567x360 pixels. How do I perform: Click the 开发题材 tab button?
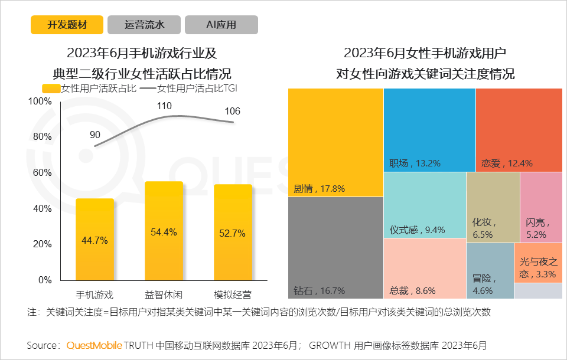(x=67, y=25)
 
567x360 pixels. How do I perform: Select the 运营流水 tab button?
(x=144, y=25)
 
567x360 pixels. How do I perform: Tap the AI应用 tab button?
(x=221, y=25)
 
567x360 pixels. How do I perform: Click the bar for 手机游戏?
(x=95, y=240)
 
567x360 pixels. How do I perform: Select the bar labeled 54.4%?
(x=164, y=231)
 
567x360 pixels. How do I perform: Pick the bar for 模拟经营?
(x=233, y=233)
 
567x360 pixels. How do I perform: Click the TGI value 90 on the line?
(x=95, y=135)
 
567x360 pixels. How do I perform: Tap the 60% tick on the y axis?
(x=41, y=173)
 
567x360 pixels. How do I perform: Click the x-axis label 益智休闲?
(x=164, y=294)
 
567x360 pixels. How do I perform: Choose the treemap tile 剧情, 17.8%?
(x=335, y=142)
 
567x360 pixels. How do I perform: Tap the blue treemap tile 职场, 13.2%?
(x=429, y=130)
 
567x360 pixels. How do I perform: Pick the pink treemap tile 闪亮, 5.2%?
(x=541, y=207)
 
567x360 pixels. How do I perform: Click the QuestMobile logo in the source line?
(x=94, y=345)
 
